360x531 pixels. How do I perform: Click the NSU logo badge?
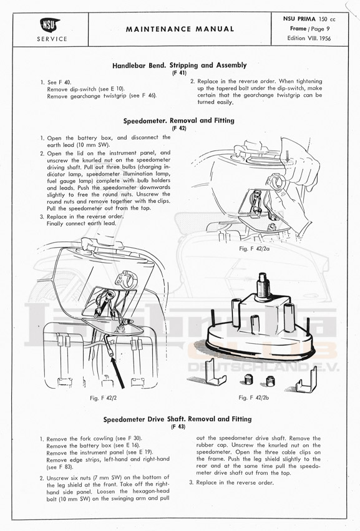(50, 25)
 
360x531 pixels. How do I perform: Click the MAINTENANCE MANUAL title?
(180, 29)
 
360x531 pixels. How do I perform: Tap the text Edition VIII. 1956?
(309, 38)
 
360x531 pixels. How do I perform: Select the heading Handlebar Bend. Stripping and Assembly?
(180, 65)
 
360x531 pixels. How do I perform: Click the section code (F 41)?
(179, 72)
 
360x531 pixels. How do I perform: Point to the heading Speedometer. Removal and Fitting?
(179, 120)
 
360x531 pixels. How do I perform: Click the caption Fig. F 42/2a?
(254, 248)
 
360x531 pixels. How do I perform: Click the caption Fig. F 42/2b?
(254, 397)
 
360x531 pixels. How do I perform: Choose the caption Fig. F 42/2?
(103, 398)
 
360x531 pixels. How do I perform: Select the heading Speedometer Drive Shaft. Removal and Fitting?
(177, 419)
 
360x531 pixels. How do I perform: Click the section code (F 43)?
(178, 427)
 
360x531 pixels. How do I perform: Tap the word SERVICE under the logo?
(52, 39)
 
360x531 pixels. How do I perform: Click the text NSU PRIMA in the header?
(299, 19)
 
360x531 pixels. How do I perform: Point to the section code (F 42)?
(179, 128)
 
